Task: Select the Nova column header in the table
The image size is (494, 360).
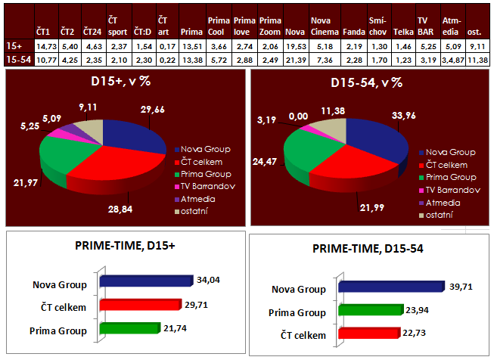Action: point(295,33)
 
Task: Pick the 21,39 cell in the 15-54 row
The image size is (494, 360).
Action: point(295,59)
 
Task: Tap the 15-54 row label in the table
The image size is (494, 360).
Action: point(17,59)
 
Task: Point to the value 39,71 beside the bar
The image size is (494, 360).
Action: point(460,287)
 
